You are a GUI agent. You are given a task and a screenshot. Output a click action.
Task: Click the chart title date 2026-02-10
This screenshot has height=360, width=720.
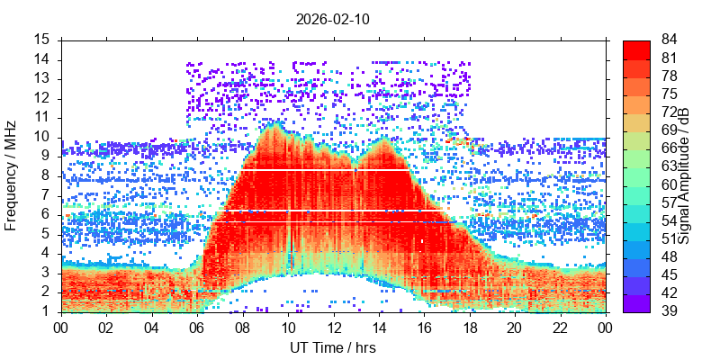[x=332, y=18]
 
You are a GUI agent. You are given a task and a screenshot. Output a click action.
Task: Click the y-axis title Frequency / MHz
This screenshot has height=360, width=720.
[x=12, y=175]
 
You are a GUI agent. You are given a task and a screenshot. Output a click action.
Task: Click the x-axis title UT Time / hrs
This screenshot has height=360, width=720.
[x=332, y=347]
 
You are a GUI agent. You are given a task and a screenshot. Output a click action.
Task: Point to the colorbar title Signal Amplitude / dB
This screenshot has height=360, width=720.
[x=685, y=175]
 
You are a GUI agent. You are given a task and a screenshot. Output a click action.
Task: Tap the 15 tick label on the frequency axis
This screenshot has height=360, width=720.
[x=42, y=40]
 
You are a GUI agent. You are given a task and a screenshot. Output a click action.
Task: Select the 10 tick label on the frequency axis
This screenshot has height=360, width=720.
[x=42, y=137]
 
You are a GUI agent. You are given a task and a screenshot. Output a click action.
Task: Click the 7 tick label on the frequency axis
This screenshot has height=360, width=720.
[x=46, y=195]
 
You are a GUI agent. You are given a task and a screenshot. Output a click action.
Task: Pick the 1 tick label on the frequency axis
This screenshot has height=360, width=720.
[x=46, y=311]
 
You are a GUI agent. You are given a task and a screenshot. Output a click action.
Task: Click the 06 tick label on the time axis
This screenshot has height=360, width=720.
[x=197, y=328]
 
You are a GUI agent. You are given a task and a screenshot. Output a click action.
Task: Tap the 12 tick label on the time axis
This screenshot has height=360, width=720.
[x=333, y=328]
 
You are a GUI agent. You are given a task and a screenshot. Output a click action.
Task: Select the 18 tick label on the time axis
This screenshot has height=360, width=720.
[x=469, y=328]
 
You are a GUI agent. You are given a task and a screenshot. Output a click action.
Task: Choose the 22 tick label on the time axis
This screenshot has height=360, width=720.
[x=559, y=328]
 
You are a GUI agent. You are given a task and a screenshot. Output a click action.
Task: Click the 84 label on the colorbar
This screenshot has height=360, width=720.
[x=669, y=40]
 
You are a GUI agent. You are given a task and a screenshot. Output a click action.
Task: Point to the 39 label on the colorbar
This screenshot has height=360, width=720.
[x=669, y=311]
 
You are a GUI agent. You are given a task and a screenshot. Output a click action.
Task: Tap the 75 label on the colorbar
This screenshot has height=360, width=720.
[x=669, y=94]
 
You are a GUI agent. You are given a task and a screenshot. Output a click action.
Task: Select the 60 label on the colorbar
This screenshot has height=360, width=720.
[x=669, y=184]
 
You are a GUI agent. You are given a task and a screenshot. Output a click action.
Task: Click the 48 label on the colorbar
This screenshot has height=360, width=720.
[x=669, y=256]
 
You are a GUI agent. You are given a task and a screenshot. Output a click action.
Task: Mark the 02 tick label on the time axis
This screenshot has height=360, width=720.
[x=106, y=328]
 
